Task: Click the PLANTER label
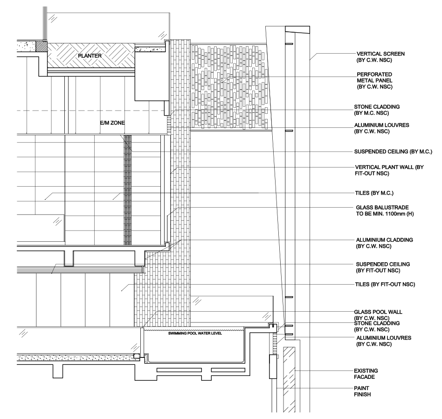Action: [x=90, y=56]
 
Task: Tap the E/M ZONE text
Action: [x=112, y=123]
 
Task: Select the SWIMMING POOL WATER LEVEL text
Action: [x=195, y=333]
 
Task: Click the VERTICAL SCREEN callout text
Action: [x=380, y=57]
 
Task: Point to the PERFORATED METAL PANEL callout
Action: [x=375, y=80]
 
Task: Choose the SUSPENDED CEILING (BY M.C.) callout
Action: [x=393, y=152]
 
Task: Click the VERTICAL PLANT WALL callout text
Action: [x=389, y=170]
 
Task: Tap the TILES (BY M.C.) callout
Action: [x=374, y=193]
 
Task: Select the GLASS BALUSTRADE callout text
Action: [x=385, y=210]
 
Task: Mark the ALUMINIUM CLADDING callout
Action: [x=385, y=243]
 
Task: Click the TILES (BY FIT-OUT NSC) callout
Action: [x=385, y=284]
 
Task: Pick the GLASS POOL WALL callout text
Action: [x=378, y=315]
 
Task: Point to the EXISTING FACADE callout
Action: [x=366, y=374]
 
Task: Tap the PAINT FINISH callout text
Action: [x=362, y=391]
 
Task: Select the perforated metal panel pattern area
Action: [x=229, y=87]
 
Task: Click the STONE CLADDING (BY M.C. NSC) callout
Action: [x=377, y=110]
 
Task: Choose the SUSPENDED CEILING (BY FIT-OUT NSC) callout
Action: [x=383, y=267]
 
